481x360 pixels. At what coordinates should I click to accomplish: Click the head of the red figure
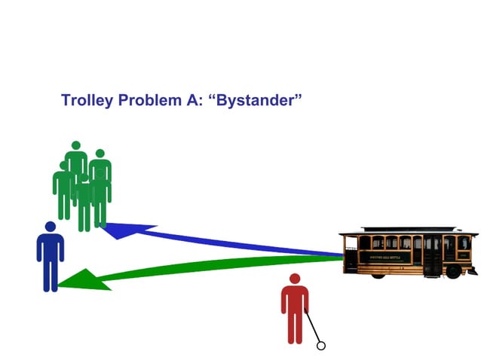tap(295, 279)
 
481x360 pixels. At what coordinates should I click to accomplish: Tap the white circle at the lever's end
tap(320, 346)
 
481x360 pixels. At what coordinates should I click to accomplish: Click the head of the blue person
tap(50, 227)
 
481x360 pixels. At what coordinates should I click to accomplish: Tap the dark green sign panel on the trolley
tap(385, 257)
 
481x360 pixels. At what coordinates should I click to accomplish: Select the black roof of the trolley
tap(407, 229)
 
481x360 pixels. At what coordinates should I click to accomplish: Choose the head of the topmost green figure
tap(75, 145)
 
